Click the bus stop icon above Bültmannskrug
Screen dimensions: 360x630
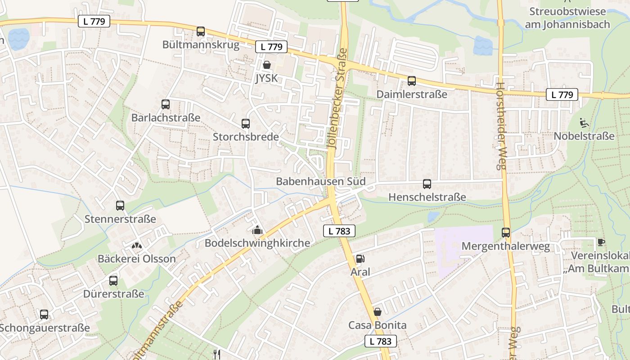[201, 31]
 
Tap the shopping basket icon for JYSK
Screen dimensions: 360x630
[267, 65]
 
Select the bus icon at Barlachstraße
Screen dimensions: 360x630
[166, 104]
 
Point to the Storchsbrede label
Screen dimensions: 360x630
[246, 137]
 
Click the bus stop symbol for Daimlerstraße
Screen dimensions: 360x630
[412, 81]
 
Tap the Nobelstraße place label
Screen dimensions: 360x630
[584, 136]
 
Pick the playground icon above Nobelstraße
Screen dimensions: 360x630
[584, 122]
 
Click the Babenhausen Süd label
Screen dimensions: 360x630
[320, 182]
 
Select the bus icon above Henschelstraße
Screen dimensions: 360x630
[427, 184]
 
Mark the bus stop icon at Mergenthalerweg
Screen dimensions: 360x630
[506, 233]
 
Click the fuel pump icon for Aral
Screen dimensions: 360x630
[360, 259]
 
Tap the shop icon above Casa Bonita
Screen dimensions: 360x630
[378, 312]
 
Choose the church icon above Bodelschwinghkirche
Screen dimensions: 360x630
[257, 230]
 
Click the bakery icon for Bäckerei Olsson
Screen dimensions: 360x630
[136, 246]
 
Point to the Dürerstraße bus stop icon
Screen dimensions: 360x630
[113, 281]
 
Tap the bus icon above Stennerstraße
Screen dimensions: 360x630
[120, 206]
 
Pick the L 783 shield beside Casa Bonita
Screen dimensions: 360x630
[380, 341]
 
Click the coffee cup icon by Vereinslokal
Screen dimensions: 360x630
[601, 242]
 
